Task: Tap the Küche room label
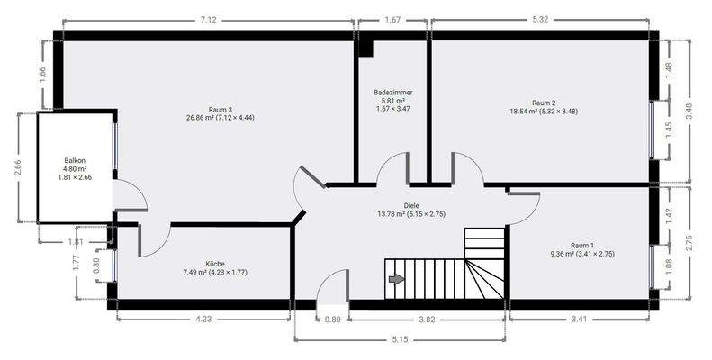[215, 264]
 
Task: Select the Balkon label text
[75, 159]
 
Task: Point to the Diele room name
[412, 205]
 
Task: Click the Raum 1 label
[582, 245]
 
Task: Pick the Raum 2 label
[543, 103]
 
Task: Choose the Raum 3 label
[208, 109]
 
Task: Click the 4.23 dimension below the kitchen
[203, 318]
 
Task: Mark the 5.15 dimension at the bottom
[401, 339]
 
